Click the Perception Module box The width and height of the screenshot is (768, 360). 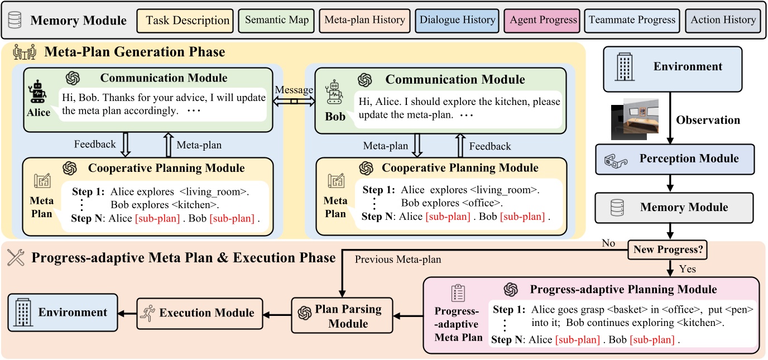(675, 159)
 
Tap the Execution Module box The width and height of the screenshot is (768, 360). (199, 313)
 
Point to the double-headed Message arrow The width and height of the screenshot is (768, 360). (294, 101)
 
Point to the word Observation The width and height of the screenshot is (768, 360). (708, 120)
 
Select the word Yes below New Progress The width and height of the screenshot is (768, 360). (688, 269)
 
